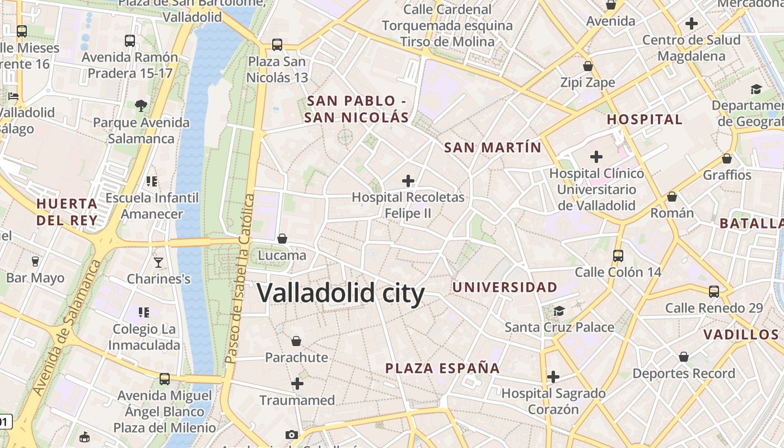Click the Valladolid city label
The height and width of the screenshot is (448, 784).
pyautogui.click(x=340, y=293)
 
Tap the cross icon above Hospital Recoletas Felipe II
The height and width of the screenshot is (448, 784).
pyautogui.click(x=408, y=180)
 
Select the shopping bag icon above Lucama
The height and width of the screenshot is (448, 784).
pyautogui.click(x=282, y=239)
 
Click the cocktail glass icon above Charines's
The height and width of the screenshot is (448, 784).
pyautogui.click(x=158, y=262)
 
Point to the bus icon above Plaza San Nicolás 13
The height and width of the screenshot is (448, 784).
pyautogui.click(x=277, y=44)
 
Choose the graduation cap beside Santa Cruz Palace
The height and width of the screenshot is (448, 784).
pyautogui.click(x=559, y=311)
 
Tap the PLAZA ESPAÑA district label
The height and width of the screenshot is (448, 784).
pyautogui.click(x=442, y=368)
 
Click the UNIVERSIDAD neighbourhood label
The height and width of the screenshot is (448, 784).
pyautogui.click(x=505, y=287)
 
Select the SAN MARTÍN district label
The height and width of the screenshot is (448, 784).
pyautogui.click(x=493, y=147)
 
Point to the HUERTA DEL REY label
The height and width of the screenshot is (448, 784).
pyautogui.click(x=67, y=212)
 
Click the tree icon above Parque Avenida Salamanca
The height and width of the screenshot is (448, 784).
pyautogui.click(x=141, y=105)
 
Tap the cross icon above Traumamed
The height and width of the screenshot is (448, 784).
pyautogui.click(x=297, y=384)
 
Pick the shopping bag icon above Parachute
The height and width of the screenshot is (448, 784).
pyautogui.click(x=296, y=340)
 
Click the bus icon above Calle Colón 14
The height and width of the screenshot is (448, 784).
pyautogui.click(x=618, y=255)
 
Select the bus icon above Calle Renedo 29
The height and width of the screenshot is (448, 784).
pyautogui.click(x=714, y=291)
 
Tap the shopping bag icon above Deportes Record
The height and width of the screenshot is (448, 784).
pyautogui.click(x=683, y=357)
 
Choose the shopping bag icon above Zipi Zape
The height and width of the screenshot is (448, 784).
pyautogui.click(x=588, y=66)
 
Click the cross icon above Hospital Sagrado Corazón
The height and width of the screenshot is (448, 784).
pyautogui.click(x=553, y=377)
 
